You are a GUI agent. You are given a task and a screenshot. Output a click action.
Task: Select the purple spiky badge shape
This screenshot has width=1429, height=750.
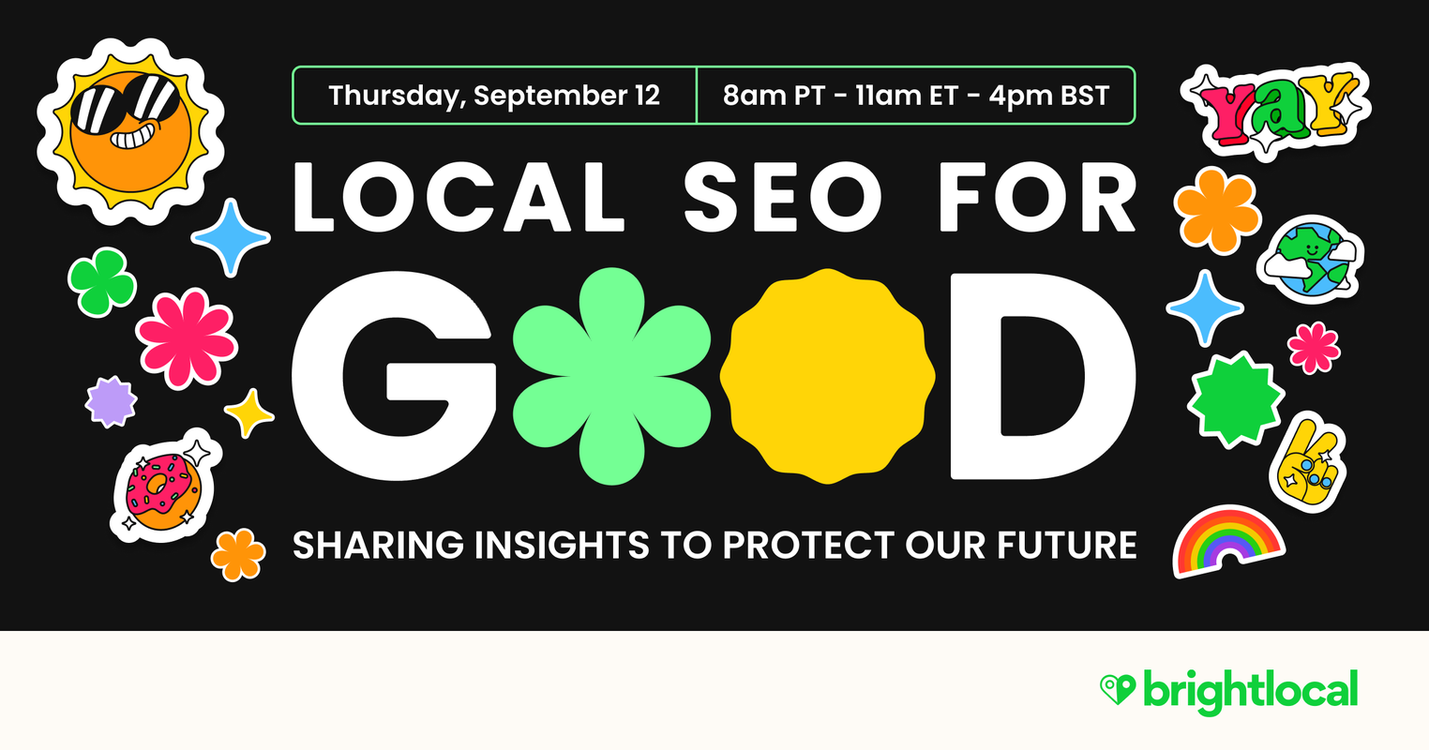112,402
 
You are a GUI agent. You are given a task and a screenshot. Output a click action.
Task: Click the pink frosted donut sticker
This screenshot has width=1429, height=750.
162,489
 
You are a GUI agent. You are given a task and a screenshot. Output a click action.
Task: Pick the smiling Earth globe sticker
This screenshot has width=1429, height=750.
1310,258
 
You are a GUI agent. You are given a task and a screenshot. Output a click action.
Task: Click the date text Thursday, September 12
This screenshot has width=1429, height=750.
494,96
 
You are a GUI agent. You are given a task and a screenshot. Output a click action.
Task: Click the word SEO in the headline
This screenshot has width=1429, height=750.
783,200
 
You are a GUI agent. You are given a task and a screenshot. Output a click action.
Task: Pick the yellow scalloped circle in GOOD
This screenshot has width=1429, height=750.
827,375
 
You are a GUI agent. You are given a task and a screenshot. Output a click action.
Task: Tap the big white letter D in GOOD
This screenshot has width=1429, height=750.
1041,375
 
